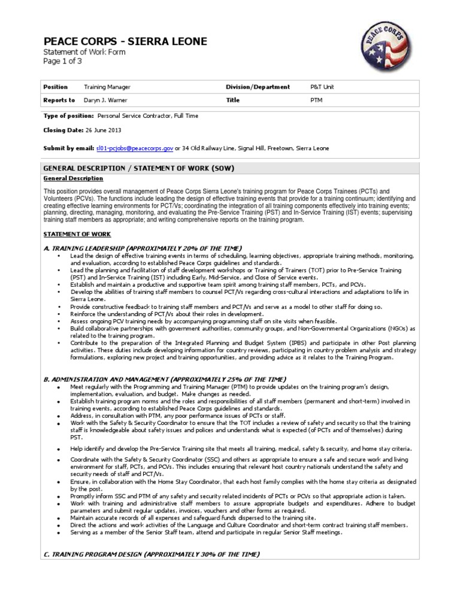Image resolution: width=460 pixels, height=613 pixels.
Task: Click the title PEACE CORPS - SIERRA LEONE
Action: [x=126, y=41]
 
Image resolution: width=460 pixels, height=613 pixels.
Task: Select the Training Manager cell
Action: [x=107, y=87]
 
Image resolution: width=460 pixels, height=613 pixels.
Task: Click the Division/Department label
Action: [x=258, y=87]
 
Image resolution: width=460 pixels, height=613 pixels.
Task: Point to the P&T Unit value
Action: [x=322, y=87]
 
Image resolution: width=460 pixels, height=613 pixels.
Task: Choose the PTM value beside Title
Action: [x=316, y=101]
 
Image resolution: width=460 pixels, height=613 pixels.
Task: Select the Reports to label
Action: [x=59, y=101]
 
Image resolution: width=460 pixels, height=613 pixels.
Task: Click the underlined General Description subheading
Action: [x=74, y=178]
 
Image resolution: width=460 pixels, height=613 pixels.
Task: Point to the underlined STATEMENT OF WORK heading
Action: [x=77, y=234]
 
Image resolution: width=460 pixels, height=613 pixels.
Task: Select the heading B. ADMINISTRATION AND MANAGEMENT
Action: [x=159, y=379]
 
